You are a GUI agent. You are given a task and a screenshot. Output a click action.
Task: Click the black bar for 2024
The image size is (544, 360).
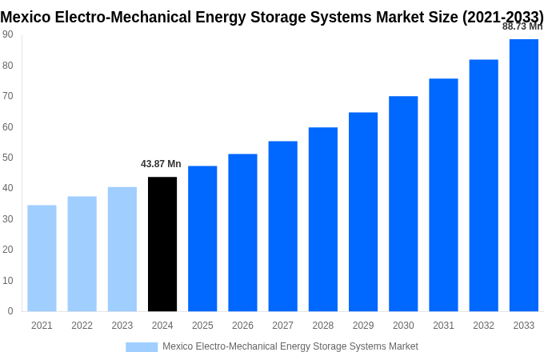pyautogui.click(x=162, y=244)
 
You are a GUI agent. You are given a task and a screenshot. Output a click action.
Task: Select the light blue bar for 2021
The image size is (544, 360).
pyautogui.click(x=42, y=258)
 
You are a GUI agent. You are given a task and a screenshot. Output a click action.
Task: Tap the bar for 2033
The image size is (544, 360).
pyautogui.click(x=523, y=175)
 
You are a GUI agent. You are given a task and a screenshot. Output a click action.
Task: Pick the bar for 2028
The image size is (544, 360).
pyautogui.click(x=322, y=219)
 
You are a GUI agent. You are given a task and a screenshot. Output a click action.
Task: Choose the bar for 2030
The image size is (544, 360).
pyautogui.click(x=403, y=204)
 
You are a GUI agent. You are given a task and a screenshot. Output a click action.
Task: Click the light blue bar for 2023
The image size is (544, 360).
pyautogui.click(x=122, y=249)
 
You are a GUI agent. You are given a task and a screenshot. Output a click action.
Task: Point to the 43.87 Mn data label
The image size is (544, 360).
pyautogui.click(x=161, y=164)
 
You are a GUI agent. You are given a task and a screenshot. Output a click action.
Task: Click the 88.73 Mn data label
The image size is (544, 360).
pyautogui.click(x=522, y=26)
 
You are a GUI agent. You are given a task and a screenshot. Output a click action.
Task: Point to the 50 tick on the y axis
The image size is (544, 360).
pyautogui.click(x=7, y=158)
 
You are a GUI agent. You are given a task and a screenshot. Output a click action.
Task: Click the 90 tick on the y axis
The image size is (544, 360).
pyautogui.click(x=7, y=34)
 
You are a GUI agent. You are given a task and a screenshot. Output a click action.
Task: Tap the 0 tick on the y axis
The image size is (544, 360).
pyautogui.click(x=10, y=311)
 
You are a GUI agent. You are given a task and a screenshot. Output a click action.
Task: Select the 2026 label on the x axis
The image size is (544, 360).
pyautogui.click(x=242, y=326)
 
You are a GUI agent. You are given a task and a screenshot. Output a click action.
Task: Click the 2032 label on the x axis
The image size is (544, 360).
pyautogui.click(x=483, y=326)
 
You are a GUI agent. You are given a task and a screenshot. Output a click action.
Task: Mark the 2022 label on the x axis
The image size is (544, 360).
pyautogui.click(x=82, y=326)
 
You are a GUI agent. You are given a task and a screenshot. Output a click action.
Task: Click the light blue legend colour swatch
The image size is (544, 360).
pyautogui.click(x=142, y=347)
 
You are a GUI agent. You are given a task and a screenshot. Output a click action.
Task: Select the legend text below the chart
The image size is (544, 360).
pyautogui.click(x=290, y=346)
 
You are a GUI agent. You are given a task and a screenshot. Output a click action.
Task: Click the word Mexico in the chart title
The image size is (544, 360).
pyautogui.click(x=26, y=17)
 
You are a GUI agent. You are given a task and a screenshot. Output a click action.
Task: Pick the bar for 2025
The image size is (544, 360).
pyautogui.click(x=202, y=238)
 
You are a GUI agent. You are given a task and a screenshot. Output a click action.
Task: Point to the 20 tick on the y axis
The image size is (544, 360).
pyautogui.click(x=7, y=250)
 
